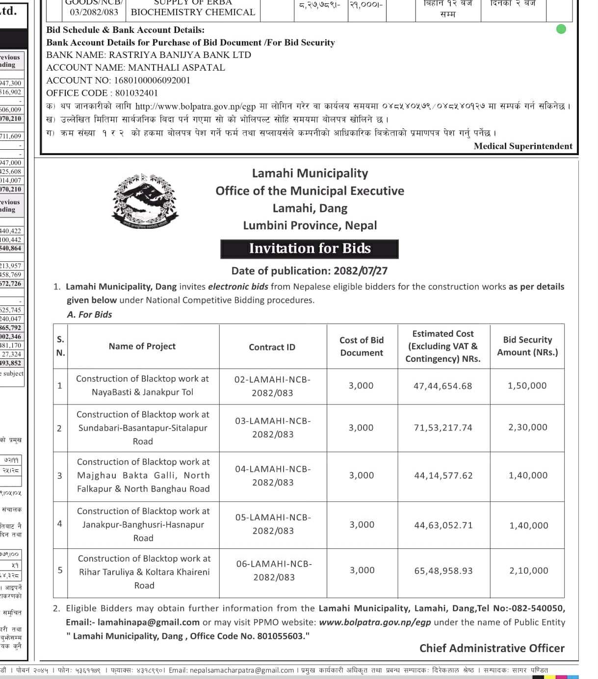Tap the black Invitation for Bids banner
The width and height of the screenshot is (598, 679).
tap(310, 248)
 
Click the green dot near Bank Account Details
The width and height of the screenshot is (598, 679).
tap(561, 29)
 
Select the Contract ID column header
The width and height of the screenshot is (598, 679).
tap(272, 347)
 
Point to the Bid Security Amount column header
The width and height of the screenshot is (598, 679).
tap(527, 346)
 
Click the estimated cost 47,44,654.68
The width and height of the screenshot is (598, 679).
tap(443, 386)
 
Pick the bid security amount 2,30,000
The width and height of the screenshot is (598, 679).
tap(528, 427)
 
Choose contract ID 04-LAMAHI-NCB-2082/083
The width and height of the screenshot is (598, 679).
tap(273, 475)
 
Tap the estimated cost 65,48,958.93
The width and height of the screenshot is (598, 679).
tap(443, 570)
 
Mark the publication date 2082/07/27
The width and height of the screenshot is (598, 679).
tap(361, 271)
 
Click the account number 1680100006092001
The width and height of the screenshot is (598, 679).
tap(152, 80)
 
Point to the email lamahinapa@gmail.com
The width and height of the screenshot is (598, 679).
tap(149, 622)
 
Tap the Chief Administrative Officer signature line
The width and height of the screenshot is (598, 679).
tap(492, 648)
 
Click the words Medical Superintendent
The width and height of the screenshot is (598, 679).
tap(523, 146)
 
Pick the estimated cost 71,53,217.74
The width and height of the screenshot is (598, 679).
tap(443, 428)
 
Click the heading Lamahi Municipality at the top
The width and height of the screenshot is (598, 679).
tap(310, 173)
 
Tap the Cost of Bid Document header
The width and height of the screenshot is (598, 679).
tap(362, 346)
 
